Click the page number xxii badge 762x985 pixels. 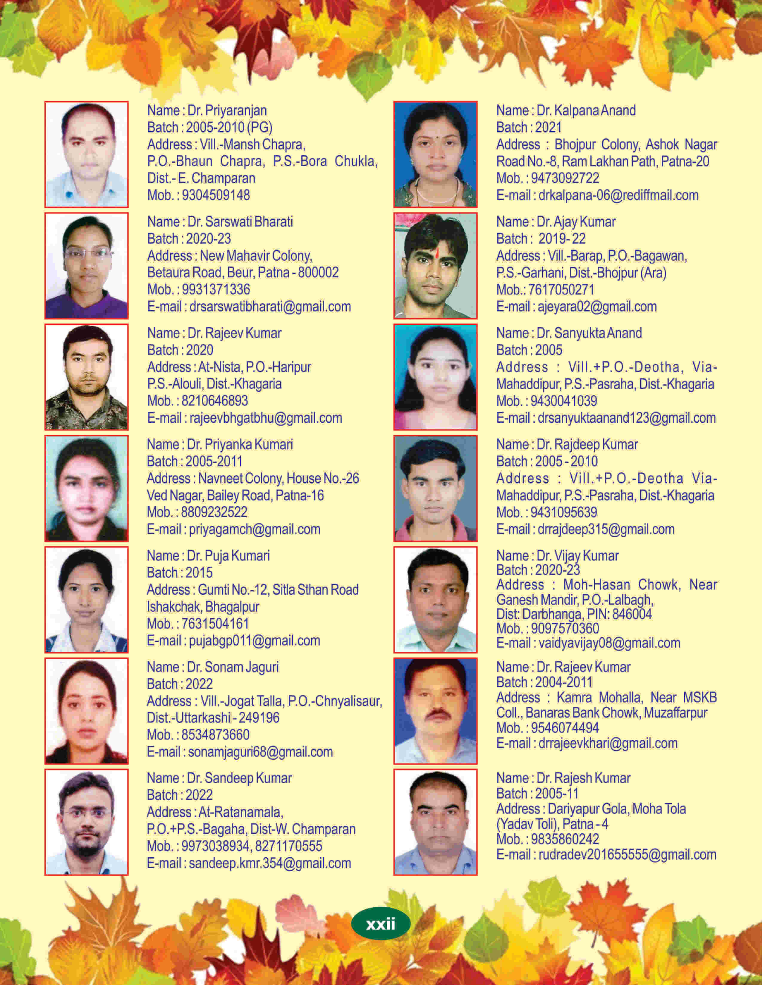pos(380,924)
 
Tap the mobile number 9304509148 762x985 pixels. pos(216,195)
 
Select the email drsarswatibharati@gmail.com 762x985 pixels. pos(270,307)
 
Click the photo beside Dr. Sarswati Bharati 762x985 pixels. pos(86,266)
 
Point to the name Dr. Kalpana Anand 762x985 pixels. pos(586,110)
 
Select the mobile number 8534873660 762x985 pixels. pos(215,735)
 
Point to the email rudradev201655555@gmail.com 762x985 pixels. pos(627,855)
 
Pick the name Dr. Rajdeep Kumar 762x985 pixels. pos(587,445)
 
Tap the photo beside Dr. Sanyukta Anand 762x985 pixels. pos(435,377)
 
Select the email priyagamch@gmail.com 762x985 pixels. pos(255,530)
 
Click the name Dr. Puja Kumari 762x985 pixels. pos(228,556)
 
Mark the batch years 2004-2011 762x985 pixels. pos(563,682)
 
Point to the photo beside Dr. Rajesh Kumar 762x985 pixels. pos(435,822)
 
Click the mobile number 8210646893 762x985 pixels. pos(215,401)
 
